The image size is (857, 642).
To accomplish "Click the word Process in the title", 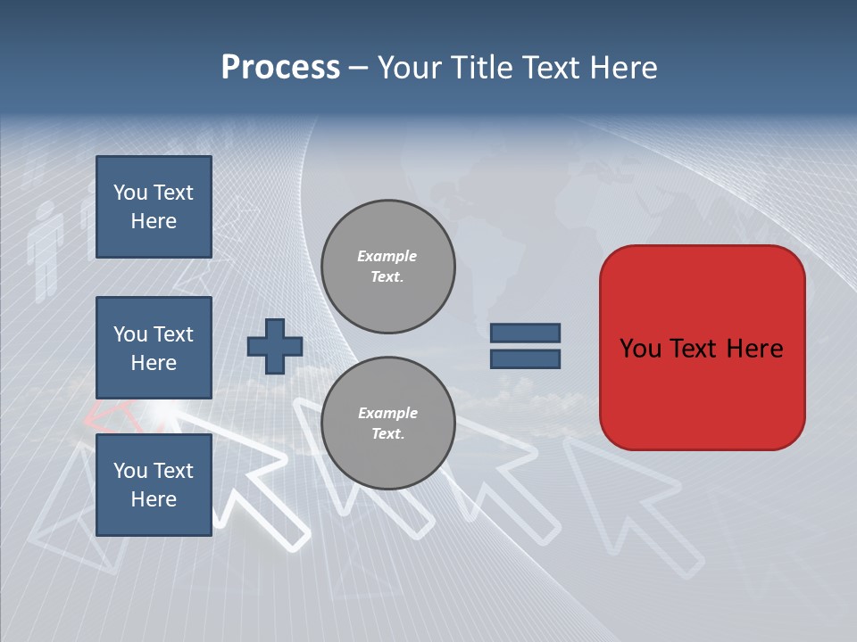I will coord(280,68).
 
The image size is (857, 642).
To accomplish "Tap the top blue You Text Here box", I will coord(154,207).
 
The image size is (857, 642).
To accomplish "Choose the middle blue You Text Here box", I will coord(154,348).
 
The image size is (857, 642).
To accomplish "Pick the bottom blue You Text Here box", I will coord(154,484).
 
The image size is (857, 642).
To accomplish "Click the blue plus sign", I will coord(275,346).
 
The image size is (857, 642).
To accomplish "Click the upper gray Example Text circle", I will coord(387,266).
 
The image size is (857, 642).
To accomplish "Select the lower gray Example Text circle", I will coord(387,423).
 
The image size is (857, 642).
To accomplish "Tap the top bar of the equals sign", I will coord(525,333).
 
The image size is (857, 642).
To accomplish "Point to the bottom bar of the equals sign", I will coord(525,358).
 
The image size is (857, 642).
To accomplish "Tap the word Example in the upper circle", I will coord(387,256).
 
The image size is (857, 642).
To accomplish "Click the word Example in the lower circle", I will coord(387,413).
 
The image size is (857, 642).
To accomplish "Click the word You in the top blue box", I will coord(129,193).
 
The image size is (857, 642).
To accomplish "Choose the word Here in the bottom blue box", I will coord(154,499).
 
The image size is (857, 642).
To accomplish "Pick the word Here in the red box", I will coord(755,349).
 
